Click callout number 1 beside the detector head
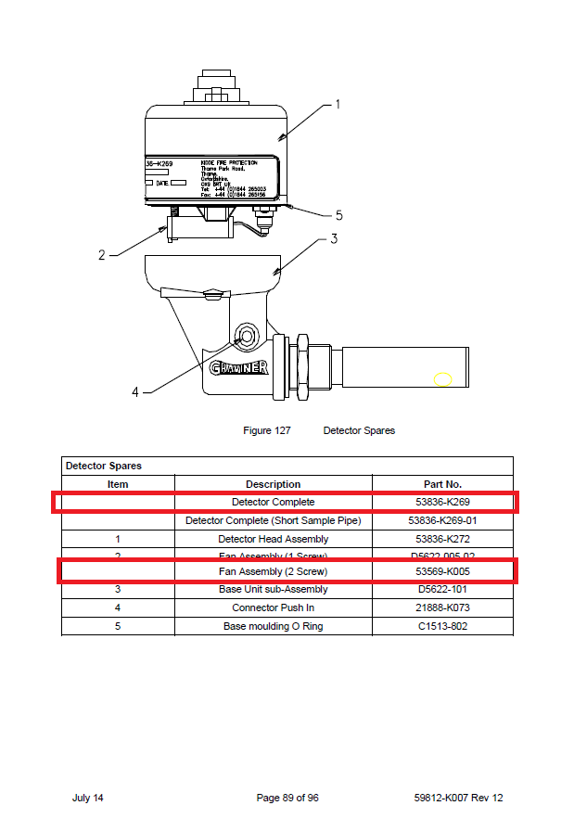337,105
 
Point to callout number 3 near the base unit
334,238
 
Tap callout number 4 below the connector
135,391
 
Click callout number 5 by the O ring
338,215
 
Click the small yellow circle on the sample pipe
443,379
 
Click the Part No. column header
442,484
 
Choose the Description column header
273,484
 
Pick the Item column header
118,484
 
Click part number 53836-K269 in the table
442,502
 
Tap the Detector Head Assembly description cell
273,539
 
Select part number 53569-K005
442,571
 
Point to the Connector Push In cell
273,607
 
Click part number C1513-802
442,626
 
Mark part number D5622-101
442,589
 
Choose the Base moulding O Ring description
273,626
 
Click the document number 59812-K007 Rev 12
459,798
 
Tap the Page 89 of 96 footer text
287,798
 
